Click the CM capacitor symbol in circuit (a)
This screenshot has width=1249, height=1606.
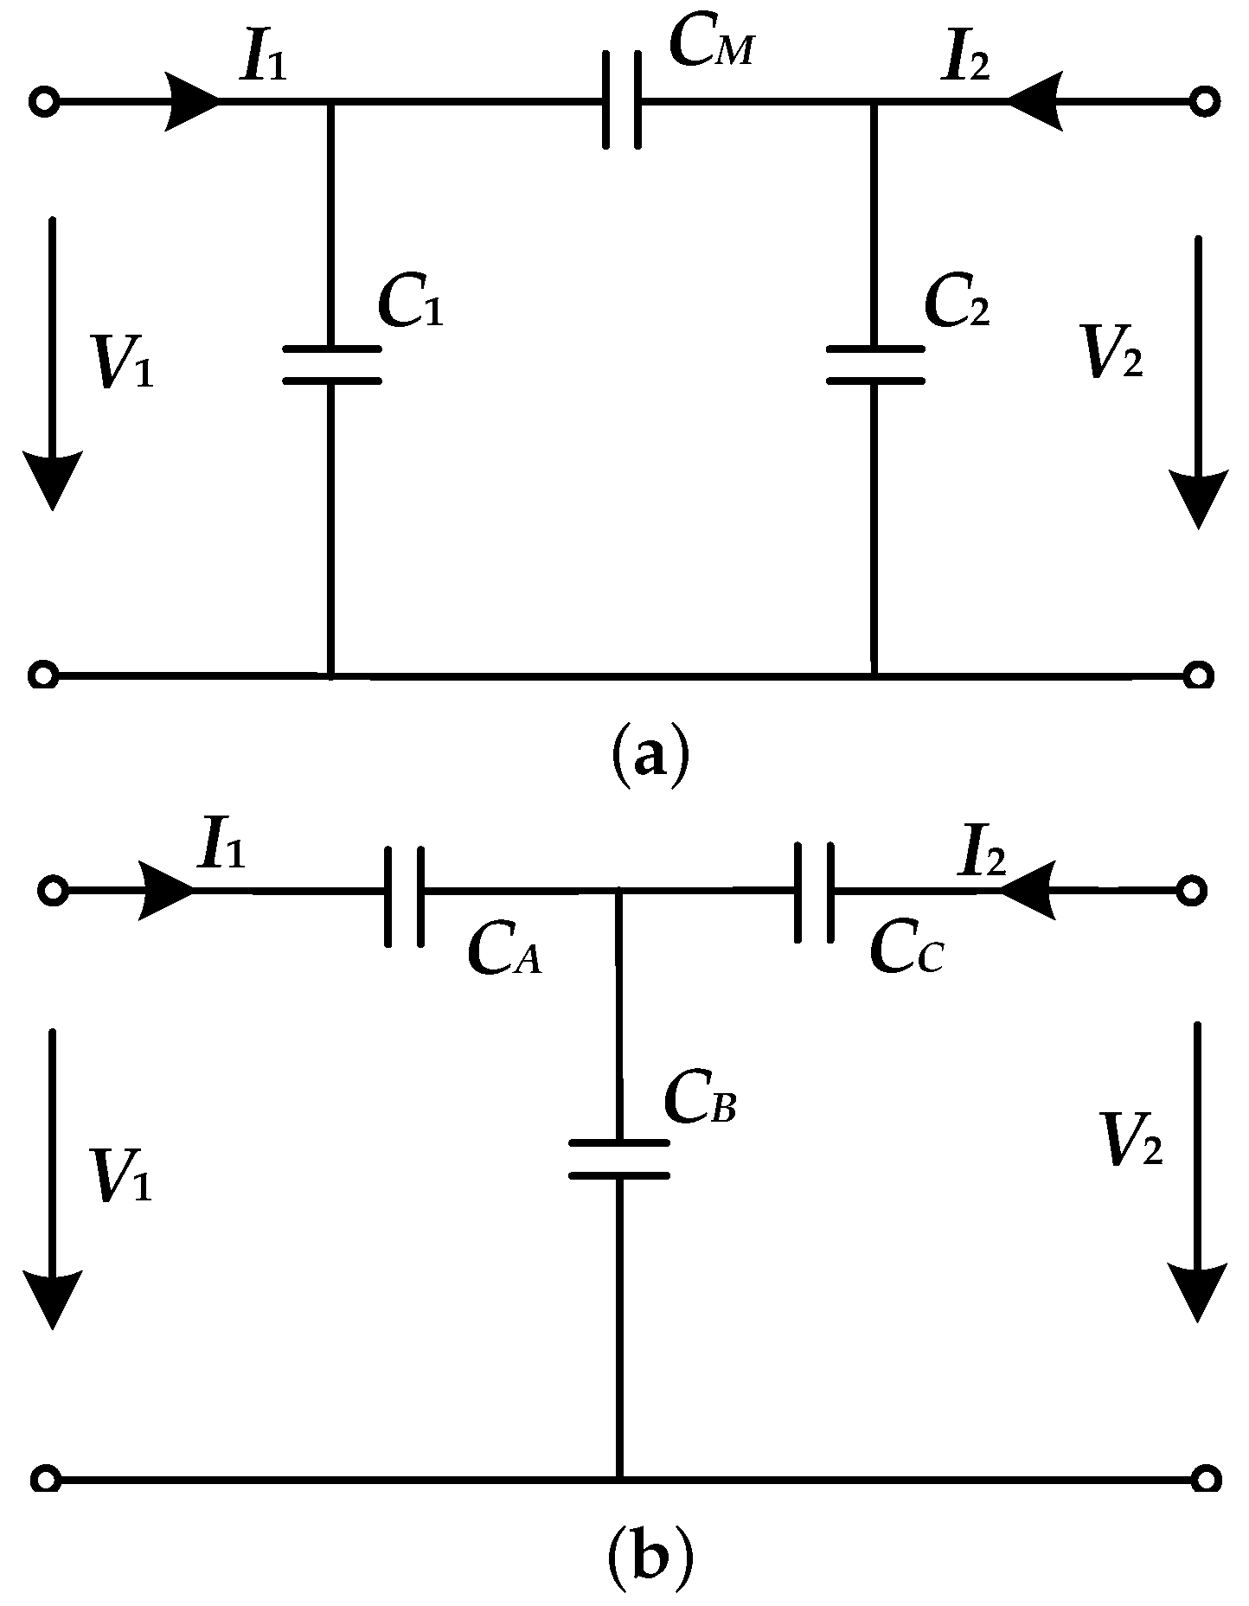click(x=622, y=100)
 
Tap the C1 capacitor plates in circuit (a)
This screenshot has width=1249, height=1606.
click(x=332, y=364)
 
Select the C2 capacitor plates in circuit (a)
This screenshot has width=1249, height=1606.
click(x=874, y=364)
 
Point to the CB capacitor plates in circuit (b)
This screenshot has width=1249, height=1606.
click(x=618, y=1160)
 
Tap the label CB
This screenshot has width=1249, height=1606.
click(x=699, y=1101)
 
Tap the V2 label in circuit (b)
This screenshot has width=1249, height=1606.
click(x=1129, y=1140)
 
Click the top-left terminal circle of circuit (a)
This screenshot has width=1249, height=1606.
click(x=43, y=102)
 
